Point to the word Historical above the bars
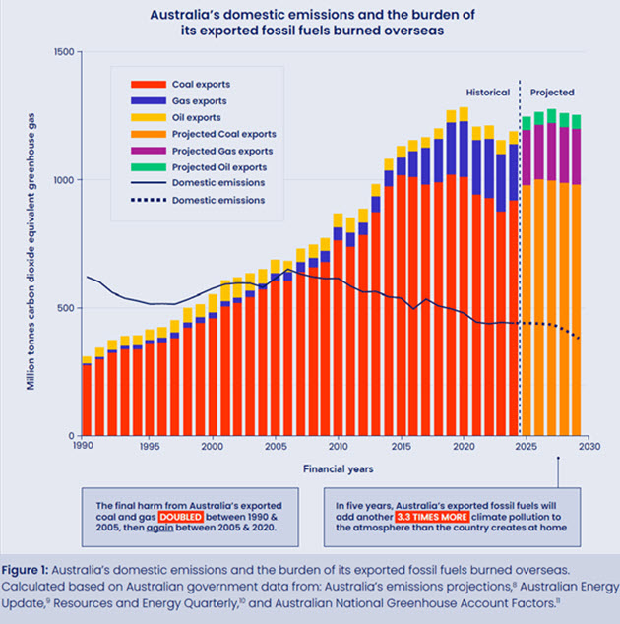488,93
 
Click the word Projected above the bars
552,93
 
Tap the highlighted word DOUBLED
179,515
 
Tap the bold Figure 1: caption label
36,570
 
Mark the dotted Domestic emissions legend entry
218,200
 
